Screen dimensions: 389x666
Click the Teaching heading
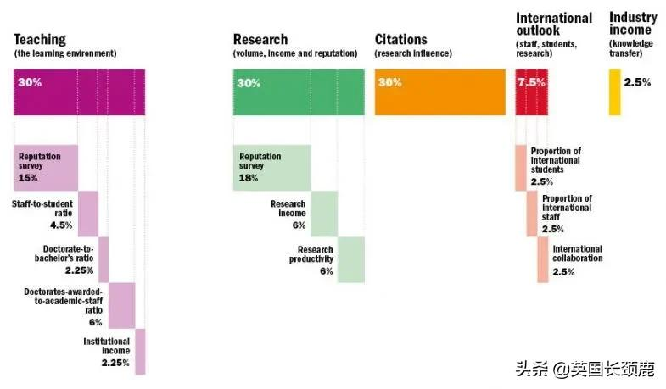[40, 39]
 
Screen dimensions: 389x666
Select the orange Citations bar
[440, 92]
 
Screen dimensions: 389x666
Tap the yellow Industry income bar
[615, 92]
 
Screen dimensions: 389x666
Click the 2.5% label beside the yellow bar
[637, 82]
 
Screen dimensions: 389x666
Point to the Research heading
[260, 39]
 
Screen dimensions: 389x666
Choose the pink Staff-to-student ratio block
[88, 214]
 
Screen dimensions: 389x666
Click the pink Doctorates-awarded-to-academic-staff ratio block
[122, 305]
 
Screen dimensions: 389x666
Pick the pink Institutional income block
[140, 351]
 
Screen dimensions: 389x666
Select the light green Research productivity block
[350, 259]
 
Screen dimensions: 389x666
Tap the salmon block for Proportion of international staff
[532, 214]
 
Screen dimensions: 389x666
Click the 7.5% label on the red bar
[532, 82]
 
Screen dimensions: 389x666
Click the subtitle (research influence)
[413, 53]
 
